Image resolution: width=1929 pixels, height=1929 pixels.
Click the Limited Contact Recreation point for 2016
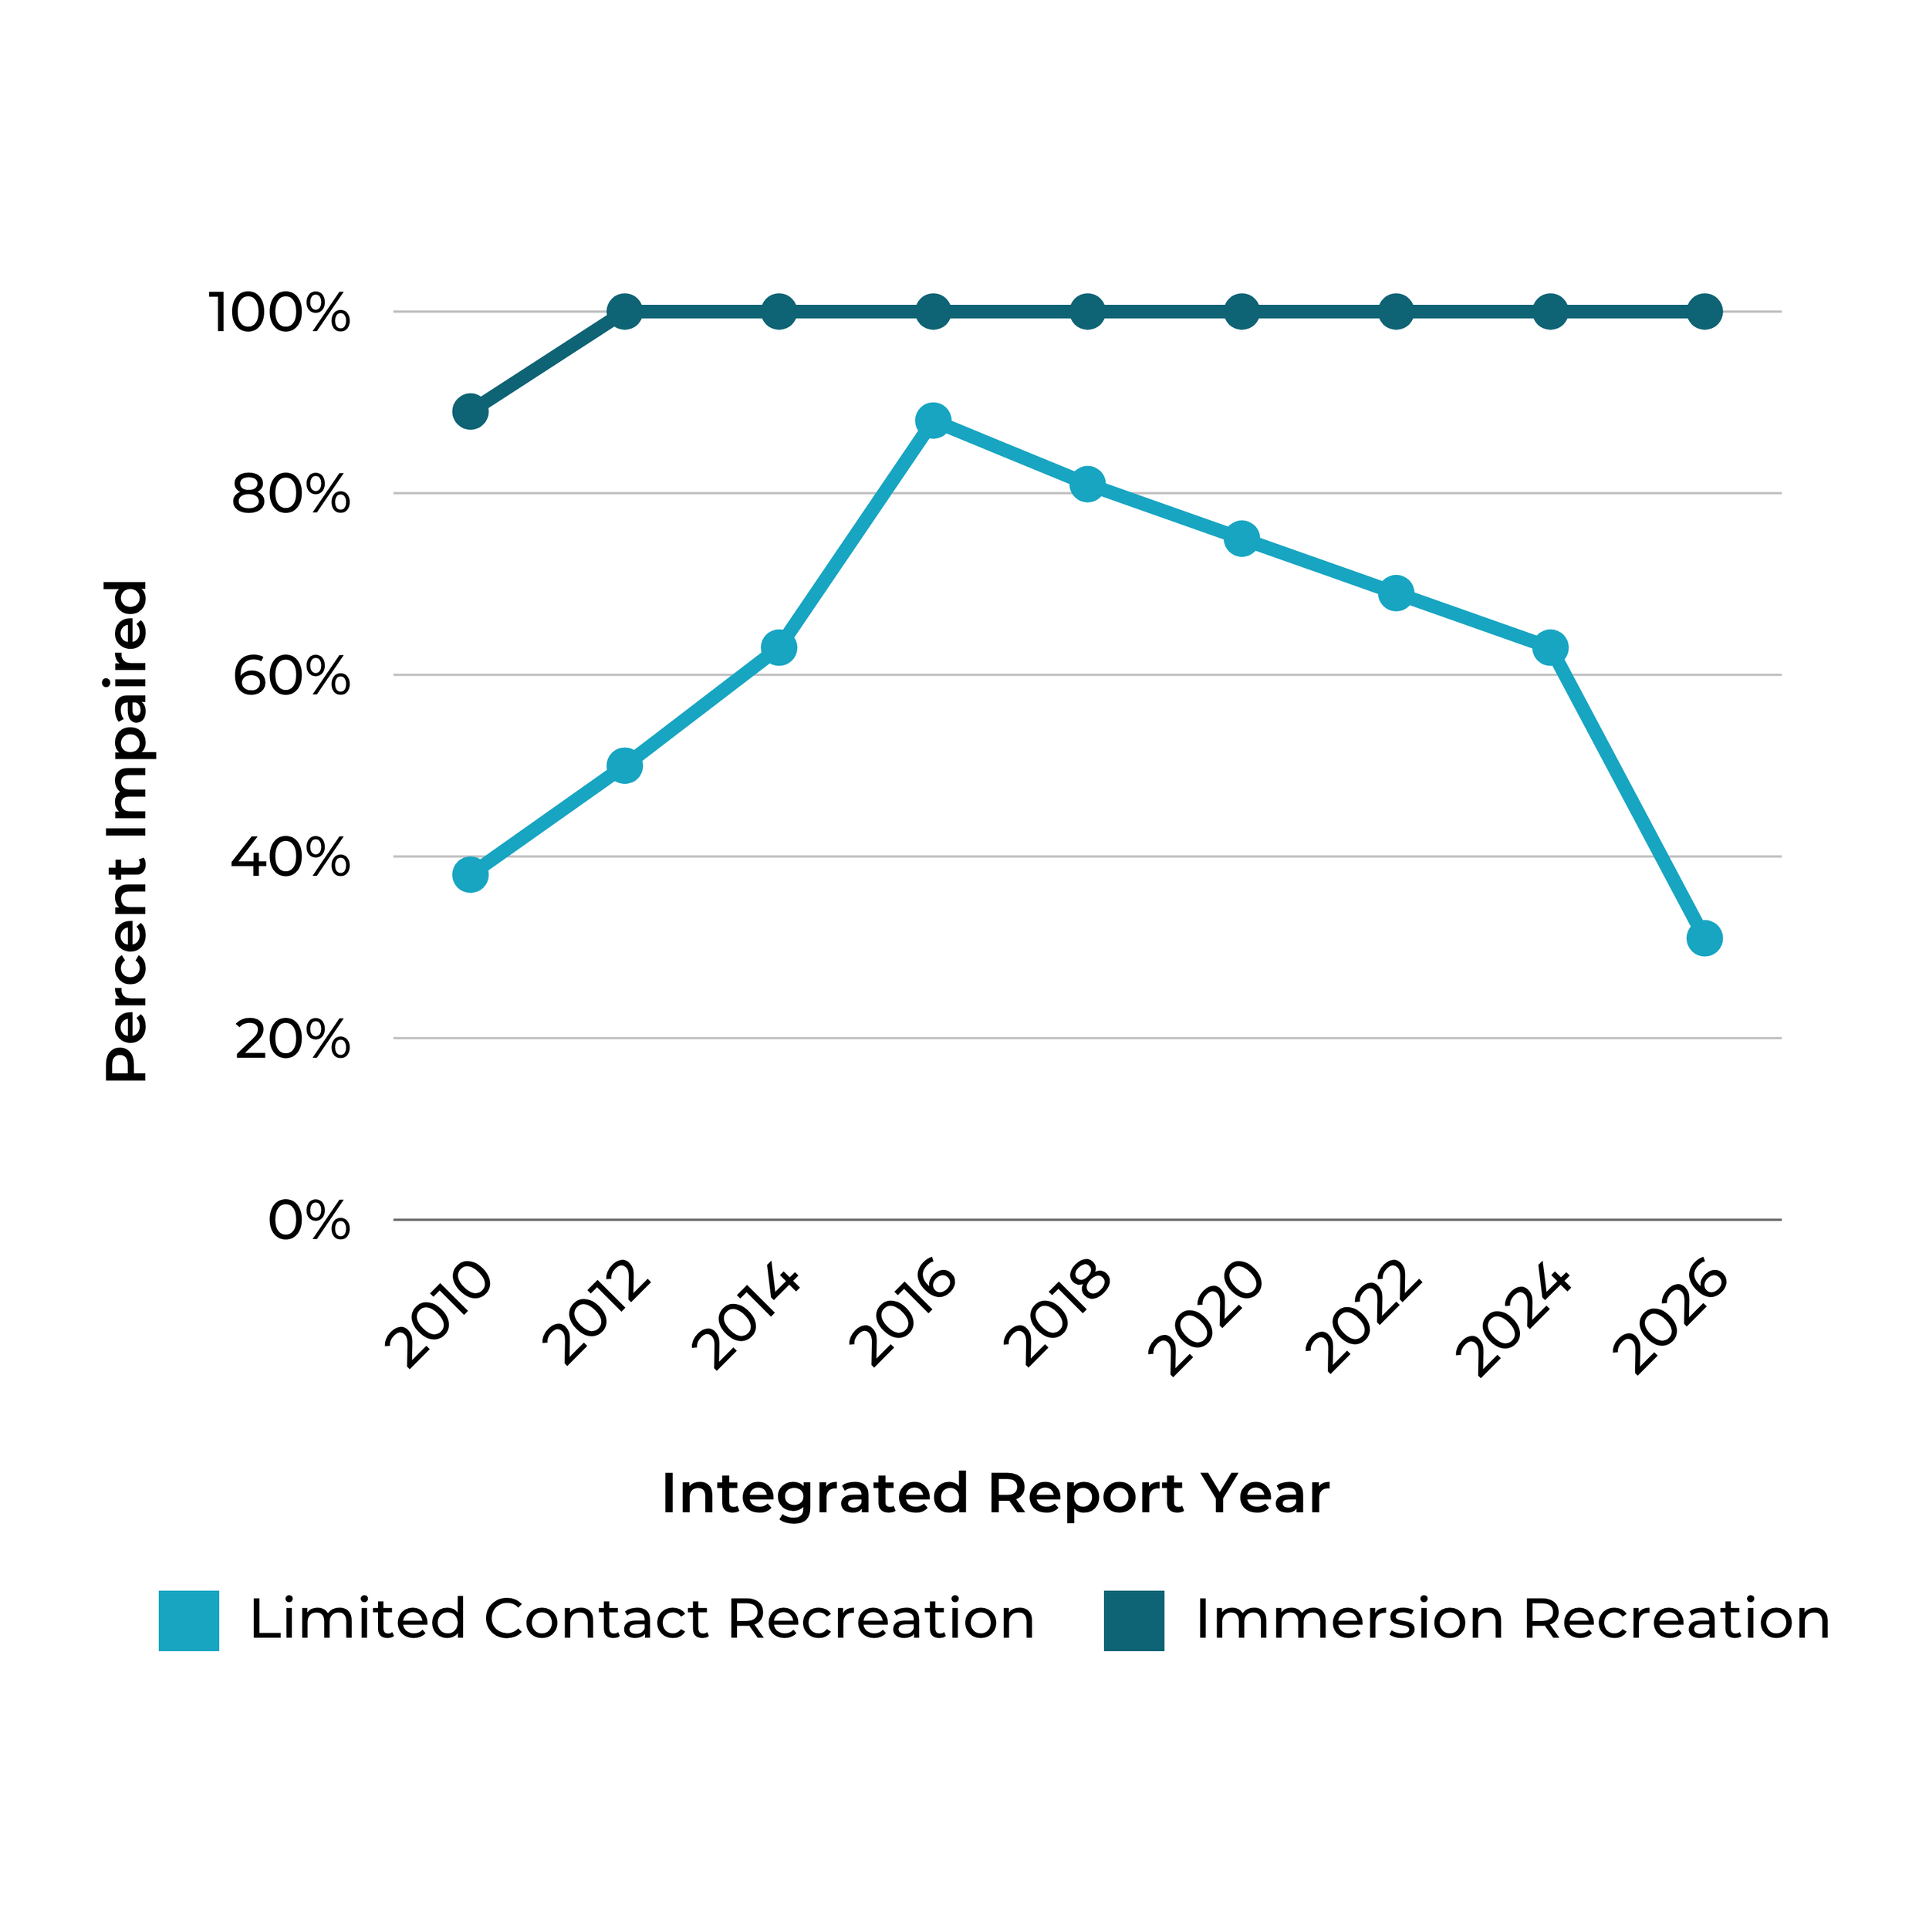pyautogui.click(x=933, y=421)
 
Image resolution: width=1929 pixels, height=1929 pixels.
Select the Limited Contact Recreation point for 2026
pyautogui.click(x=1704, y=938)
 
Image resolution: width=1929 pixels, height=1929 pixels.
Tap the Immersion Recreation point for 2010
pyautogui.click(x=470, y=411)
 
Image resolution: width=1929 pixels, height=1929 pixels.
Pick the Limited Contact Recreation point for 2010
pyautogui.click(x=470, y=875)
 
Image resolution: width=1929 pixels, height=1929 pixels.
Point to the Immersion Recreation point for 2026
pyautogui.click(x=1704, y=312)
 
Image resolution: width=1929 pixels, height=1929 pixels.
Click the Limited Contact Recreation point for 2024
pyautogui.click(x=1549, y=648)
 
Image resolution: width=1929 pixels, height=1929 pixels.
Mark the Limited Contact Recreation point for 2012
pyautogui.click(x=624, y=765)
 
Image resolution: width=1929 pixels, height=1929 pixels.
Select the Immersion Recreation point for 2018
pyautogui.click(x=1087, y=312)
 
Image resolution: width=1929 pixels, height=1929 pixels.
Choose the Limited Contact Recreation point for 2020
pyautogui.click(x=1241, y=539)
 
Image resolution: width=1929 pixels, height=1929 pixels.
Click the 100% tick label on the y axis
pyautogui.click(x=279, y=312)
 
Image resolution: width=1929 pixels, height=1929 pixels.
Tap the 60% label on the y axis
pyautogui.click(x=292, y=676)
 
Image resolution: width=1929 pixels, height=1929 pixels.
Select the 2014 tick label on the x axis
pyautogui.click(x=747, y=1318)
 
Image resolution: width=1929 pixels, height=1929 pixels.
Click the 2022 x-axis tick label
pyautogui.click(x=1364, y=1318)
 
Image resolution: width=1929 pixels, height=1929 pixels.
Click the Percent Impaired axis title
pyautogui.click(x=127, y=831)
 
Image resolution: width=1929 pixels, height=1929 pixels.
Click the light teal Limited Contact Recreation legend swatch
pyautogui.click(x=189, y=1620)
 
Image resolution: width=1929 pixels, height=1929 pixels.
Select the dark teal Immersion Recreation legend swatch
pyautogui.click(x=1134, y=1620)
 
